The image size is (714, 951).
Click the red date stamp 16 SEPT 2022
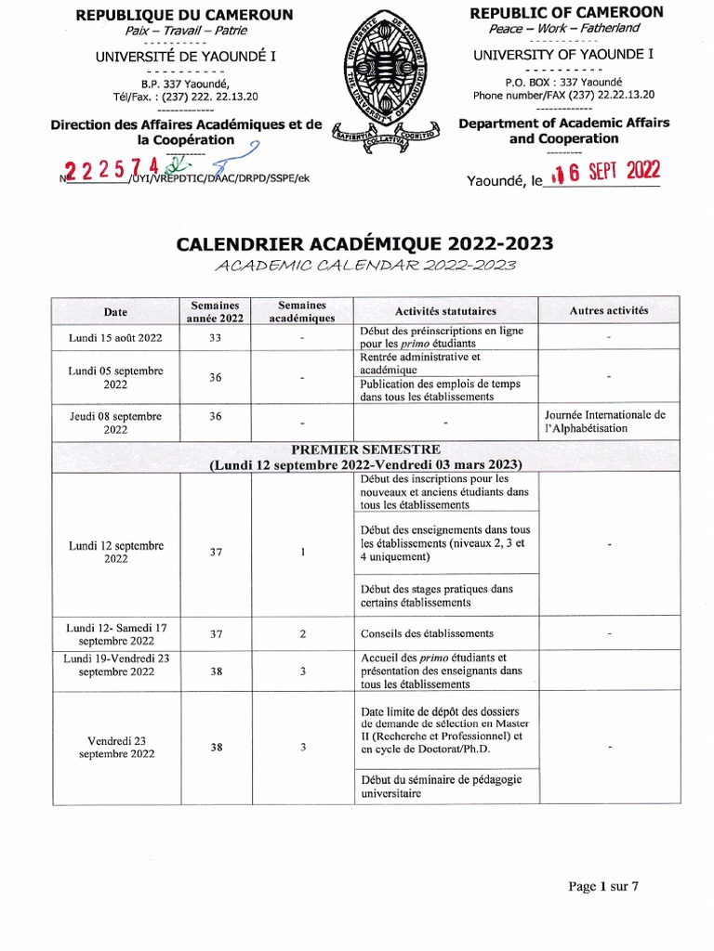click(x=604, y=171)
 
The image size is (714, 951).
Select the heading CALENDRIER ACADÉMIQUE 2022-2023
click(x=364, y=243)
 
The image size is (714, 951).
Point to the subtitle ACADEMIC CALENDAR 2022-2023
click(x=364, y=266)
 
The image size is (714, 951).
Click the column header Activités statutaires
click(x=445, y=311)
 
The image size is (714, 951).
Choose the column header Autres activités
click(x=609, y=311)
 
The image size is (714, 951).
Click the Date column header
click(x=115, y=311)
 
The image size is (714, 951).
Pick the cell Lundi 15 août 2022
click(x=115, y=337)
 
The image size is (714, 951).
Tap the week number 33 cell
click(x=215, y=337)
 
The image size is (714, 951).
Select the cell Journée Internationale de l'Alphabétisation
click(x=609, y=422)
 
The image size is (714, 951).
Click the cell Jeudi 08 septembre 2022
click(x=115, y=423)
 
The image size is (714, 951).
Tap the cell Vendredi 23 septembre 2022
click(x=115, y=748)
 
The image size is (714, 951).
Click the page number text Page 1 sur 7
click(x=603, y=886)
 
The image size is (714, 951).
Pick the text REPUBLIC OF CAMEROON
click(x=566, y=12)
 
